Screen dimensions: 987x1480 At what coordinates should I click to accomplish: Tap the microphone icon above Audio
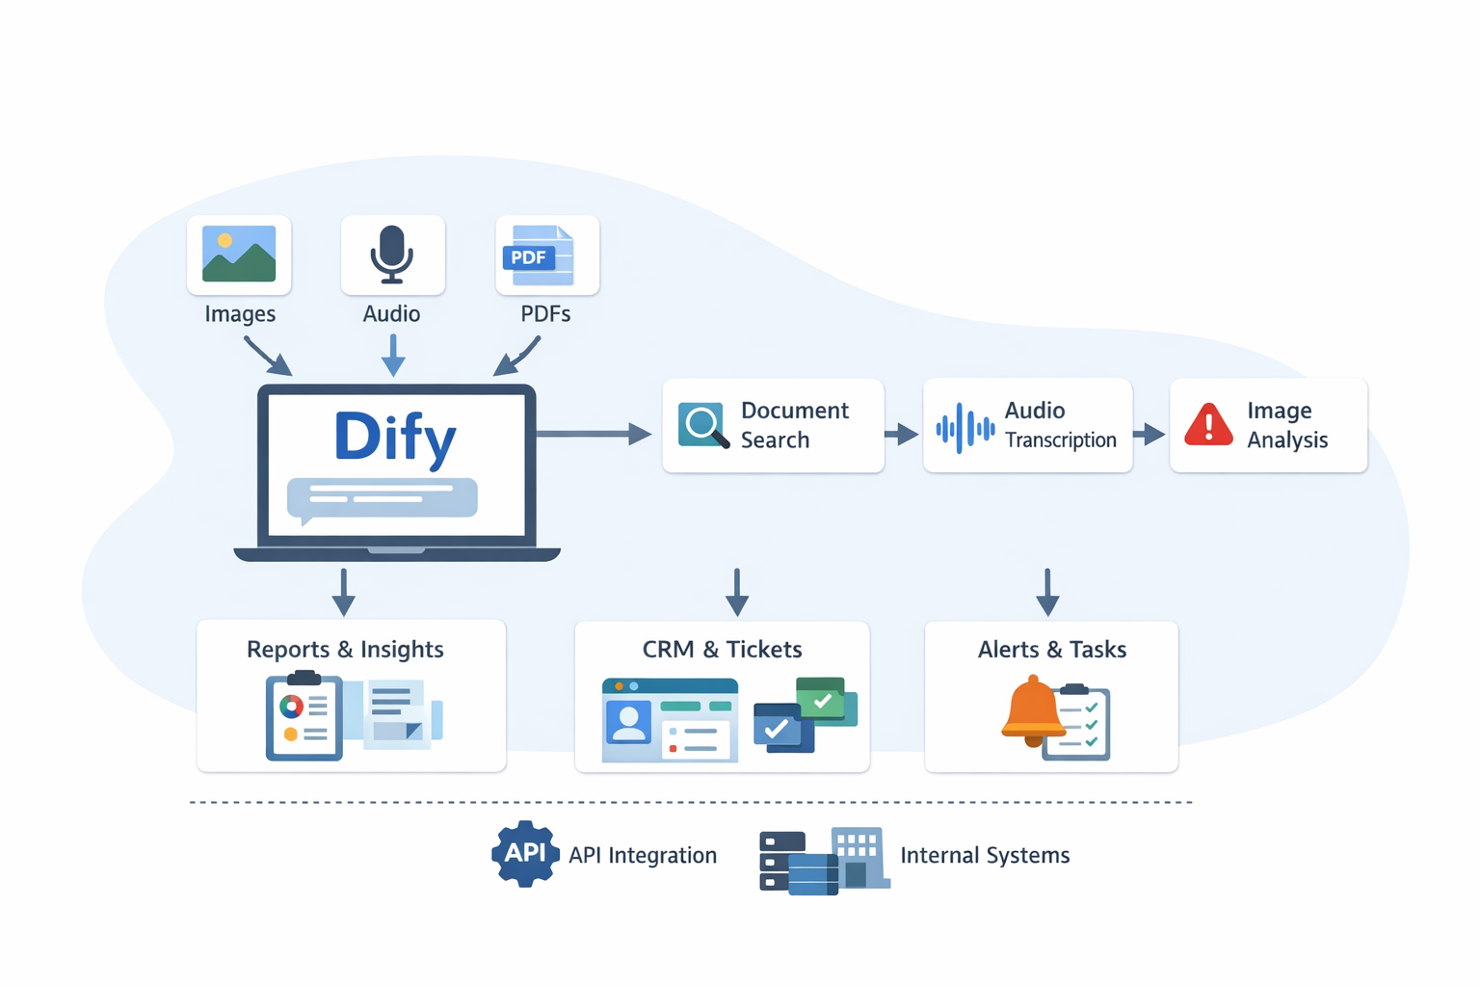(x=392, y=253)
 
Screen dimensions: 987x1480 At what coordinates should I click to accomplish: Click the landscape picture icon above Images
(x=239, y=253)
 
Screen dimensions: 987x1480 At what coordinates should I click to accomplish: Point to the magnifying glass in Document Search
(x=702, y=425)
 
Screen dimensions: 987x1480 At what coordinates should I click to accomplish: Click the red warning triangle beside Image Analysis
(x=1208, y=425)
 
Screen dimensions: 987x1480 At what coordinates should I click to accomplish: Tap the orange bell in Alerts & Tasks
(x=1032, y=711)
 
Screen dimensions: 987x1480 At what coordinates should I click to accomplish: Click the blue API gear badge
(x=525, y=853)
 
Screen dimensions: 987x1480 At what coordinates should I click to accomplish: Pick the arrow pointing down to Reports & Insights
(x=343, y=592)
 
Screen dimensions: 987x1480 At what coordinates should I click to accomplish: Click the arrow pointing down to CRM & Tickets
(x=737, y=592)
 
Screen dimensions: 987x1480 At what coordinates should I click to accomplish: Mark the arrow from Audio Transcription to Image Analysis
(x=1150, y=435)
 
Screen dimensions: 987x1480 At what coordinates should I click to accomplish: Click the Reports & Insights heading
(x=345, y=650)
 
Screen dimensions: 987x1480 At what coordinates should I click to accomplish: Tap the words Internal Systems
(x=985, y=856)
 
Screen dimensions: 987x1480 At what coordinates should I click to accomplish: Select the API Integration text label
(x=643, y=856)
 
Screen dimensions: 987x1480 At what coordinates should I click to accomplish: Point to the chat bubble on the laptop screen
(x=383, y=498)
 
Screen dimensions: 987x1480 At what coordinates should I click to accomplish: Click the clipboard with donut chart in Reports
(x=304, y=718)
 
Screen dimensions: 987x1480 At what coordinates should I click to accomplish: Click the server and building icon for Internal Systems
(x=824, y=861)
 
